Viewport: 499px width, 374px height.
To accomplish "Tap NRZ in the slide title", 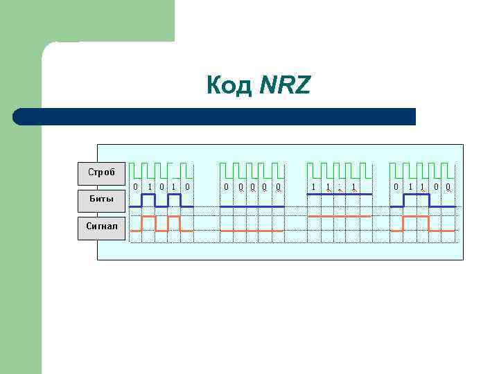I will click(x=286, y=86).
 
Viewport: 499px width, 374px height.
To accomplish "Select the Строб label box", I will click(x=101, y=172).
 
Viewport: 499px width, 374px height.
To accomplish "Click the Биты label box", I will click(x=101, y=199).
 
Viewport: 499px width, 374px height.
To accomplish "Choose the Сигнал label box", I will click(x=101, y=226).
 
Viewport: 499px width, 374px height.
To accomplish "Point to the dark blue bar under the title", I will click(x=215, y=116).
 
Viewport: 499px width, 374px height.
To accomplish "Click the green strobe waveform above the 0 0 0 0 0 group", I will click(x=252, y=170).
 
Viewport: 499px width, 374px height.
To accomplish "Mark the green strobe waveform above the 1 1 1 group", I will click(x=339, y=170).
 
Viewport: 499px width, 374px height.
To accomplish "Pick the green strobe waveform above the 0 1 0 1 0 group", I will click(x=161, y=170).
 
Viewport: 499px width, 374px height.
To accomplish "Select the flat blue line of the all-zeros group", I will click(x=252, y=206).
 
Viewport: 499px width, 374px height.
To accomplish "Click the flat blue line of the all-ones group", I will click(x=339, y=195).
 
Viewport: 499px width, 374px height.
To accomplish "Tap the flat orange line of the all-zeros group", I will click(x=252, y=230).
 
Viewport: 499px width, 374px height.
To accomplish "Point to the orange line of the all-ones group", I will click(x=339, y=217).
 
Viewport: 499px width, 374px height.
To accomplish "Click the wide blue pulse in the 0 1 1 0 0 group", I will click(x=416, y=195).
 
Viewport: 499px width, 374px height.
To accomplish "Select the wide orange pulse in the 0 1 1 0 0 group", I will click(x=416, y=217).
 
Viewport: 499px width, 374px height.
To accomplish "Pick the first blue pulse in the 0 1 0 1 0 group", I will click(x=148, y=195).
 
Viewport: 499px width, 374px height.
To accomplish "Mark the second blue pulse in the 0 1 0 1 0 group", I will click(x=174, y=195).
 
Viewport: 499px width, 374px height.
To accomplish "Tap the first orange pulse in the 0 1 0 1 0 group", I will click(x=148, y=217).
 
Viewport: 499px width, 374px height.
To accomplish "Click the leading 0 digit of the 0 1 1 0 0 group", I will click(x=396, y=186).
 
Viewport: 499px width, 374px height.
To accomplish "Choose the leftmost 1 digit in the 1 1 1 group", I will click(x=313, y=186).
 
